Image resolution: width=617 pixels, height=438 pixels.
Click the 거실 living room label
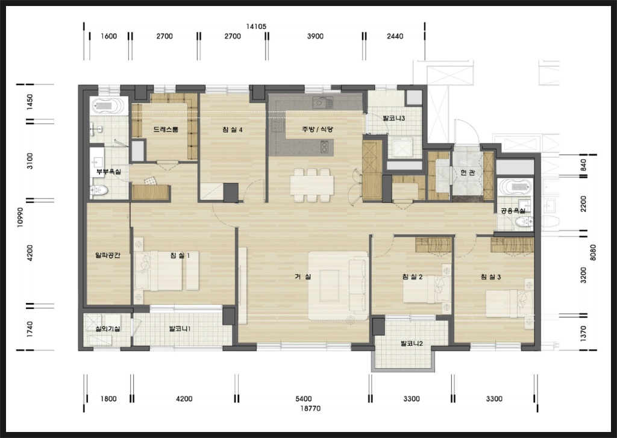coord(303,277)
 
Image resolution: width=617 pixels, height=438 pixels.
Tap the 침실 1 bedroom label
coord(180,255)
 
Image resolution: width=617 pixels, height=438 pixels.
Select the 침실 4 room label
coord(232,129)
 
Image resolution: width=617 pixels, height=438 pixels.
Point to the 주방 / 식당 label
coord(318,129)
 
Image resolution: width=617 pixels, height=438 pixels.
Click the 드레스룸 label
coord(166,129)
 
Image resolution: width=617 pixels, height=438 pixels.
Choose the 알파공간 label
coord(108,255)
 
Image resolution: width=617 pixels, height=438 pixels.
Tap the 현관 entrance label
coord(468,172)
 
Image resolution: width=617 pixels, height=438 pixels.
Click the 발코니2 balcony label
coord(412,343)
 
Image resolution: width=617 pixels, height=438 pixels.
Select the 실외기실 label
coord(108,328)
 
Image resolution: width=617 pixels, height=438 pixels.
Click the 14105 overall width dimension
coord(256,27)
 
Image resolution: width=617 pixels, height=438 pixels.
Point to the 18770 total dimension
coord(310,408)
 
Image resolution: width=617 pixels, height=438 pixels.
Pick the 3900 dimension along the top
coord(315,36)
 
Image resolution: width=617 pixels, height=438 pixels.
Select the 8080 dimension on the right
coord(593,252)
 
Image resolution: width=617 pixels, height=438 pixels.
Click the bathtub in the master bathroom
coord(108,106)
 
